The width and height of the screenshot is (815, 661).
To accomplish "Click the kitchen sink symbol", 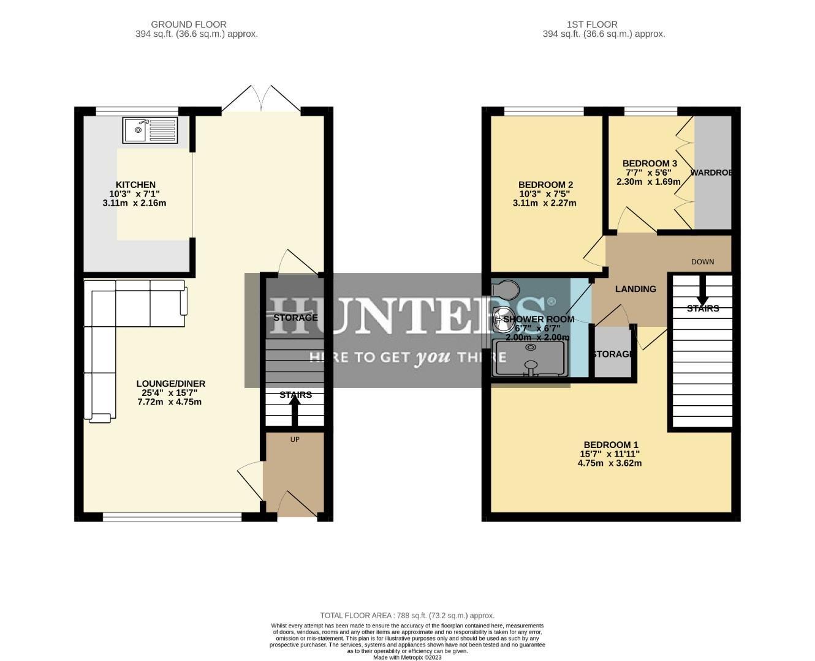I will pos(150,130).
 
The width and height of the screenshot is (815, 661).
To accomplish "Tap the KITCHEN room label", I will pos(135,185).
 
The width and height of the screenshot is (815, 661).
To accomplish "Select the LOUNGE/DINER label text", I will pos(170,384).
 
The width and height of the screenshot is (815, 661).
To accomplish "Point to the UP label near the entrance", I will pos(295,439).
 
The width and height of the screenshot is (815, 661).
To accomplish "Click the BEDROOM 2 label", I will pos(545,185).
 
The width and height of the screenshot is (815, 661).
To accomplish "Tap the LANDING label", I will pos(635,289).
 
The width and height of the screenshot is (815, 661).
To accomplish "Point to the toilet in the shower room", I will pos(506,289).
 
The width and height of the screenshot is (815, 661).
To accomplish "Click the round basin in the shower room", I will pos(504,316).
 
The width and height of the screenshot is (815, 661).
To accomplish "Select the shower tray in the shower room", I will pos(530,357).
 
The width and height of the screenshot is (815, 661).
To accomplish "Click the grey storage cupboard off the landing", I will pos(613,353).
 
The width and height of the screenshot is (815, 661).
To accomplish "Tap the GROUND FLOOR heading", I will pos(189,24).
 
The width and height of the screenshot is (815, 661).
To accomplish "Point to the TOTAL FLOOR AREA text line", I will pos(407,616).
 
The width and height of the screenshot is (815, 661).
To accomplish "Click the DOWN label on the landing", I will pos(702,262).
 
